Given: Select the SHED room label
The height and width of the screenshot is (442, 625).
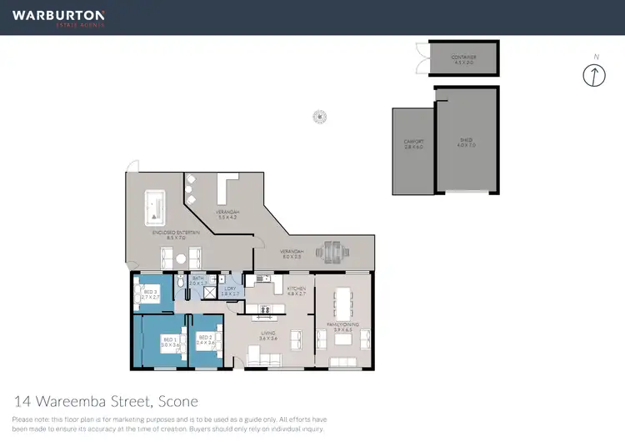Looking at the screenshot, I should [466, 141].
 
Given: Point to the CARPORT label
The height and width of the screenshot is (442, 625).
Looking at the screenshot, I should [414, 143].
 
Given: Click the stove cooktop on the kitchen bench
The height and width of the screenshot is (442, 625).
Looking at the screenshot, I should [265, 310].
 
